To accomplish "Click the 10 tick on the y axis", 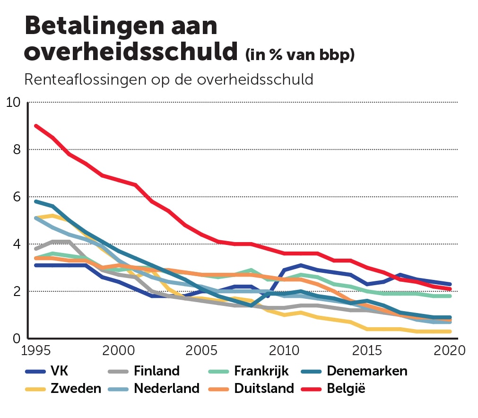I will point(13,102).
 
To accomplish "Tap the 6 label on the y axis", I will point(17,197).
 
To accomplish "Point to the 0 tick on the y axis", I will point(17,339).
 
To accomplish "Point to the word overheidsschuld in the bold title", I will point(130,52).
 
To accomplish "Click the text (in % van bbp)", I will point(299,55).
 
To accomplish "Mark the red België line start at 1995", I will point(36,126).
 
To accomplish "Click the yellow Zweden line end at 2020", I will point(449,331).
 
